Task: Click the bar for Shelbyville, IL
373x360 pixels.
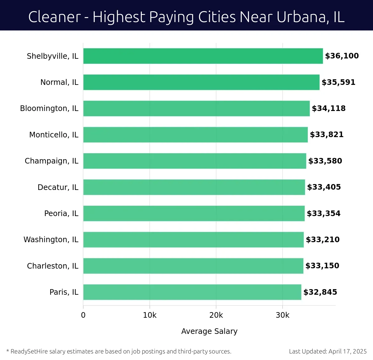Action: pos(203,56)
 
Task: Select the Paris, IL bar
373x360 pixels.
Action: pos(192,292)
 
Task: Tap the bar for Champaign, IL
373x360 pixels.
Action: pos(195,161)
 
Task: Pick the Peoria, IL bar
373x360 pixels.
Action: pos(194,213)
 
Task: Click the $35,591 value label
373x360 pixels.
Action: pos(338,82)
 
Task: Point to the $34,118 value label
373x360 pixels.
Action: pos(329,108)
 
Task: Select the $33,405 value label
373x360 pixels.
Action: pos(324,187)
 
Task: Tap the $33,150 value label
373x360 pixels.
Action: pos(322,265)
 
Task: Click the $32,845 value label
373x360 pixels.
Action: pos(320,292)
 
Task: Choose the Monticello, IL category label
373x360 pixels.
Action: pos(53,135)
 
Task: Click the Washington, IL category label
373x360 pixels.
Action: pos(51,239)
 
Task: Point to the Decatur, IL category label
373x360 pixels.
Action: pos(58,187)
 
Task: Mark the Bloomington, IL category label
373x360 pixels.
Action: pos(49,108)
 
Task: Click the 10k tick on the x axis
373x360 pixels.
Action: pos(150,315)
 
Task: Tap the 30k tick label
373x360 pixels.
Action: pos(282,315)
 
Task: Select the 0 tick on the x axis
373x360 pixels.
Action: pos(83,315)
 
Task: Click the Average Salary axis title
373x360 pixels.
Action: pos(209,331)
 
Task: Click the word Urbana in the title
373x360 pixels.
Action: pos(301,17)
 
